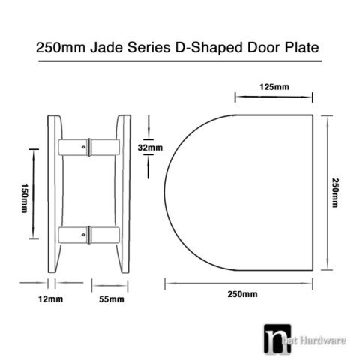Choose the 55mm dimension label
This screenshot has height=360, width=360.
pyautogui.click(x=111, y=300)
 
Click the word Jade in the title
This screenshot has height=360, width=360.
pyautogui.click(x=106, y=47)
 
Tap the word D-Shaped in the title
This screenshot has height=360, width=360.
pyautogui.click(x=206, y=48)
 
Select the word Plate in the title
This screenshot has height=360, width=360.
pyautogui.click(x=300, y=47)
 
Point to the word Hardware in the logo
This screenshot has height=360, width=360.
pyautogui.click(x=327, y=340)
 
